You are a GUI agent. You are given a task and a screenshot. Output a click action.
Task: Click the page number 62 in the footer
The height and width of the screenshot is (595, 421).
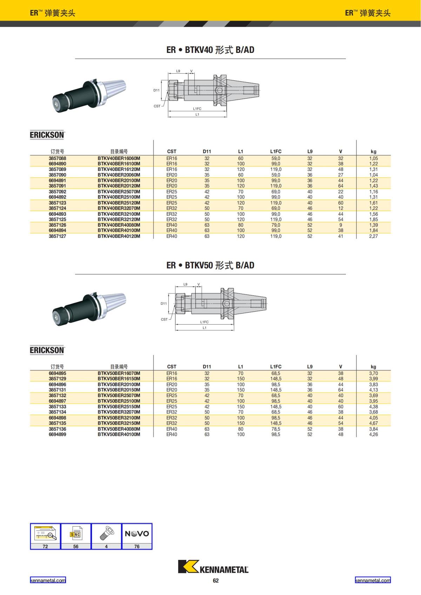tap(215, 580)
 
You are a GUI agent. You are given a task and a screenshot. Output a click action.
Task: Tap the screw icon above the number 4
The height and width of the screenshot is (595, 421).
tap(106, 533)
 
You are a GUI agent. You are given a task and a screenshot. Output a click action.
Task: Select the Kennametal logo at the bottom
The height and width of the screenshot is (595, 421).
tap(213, 567)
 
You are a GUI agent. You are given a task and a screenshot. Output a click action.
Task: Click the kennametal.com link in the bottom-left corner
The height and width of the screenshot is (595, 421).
tap(48, 580)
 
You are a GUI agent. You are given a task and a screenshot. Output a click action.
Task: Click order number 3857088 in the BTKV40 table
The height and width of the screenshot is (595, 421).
tap(58, 158)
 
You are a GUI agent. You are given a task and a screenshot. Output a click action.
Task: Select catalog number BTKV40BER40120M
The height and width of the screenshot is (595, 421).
tap(119, 236)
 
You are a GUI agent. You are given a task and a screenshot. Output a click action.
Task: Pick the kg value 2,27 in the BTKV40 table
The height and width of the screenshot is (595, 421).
tap(373, 236)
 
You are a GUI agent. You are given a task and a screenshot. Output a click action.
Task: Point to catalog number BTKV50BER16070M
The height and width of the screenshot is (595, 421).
tap(119, 373)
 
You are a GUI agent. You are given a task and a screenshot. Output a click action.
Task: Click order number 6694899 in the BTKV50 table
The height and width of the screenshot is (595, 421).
tap(58, 434)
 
